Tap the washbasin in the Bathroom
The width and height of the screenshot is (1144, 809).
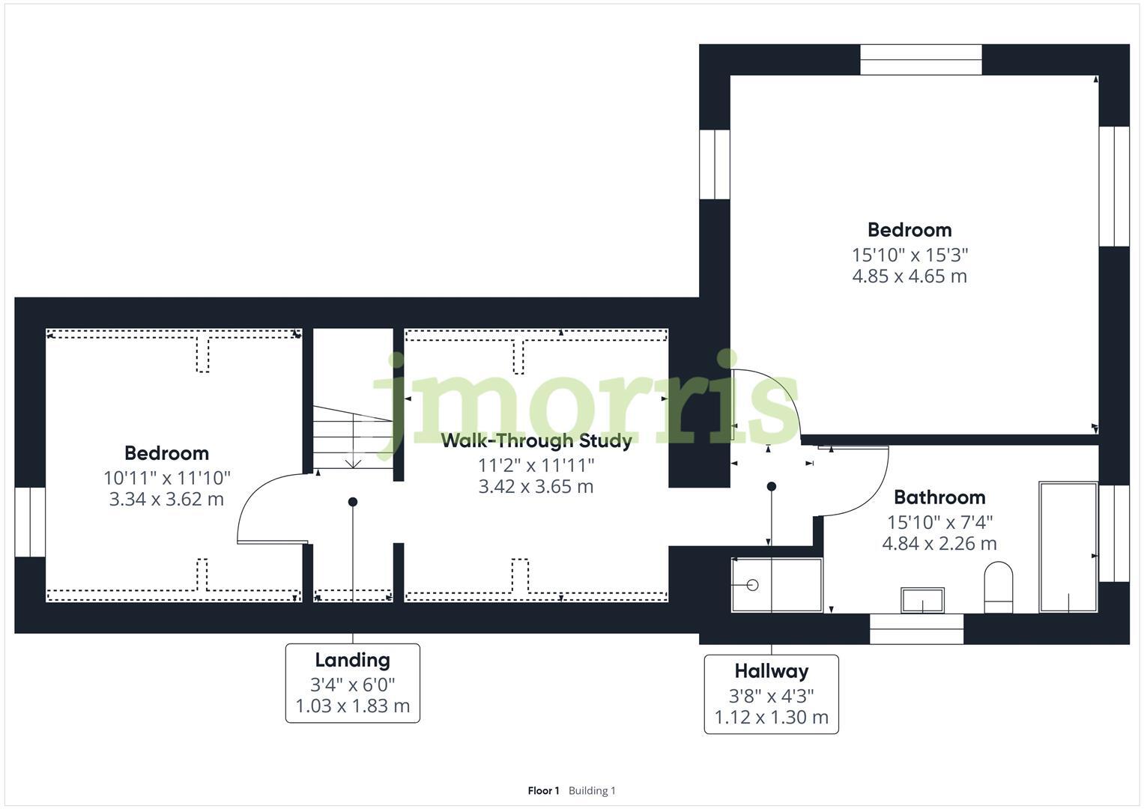click(x=922, y=600)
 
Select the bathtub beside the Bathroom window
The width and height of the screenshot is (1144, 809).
click(x=1068, y=547)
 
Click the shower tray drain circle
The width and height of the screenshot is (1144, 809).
click(x=753, y=584)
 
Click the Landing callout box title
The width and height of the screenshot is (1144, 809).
click(x=352, y=660)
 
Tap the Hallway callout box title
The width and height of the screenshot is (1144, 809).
click(x=771, y=671)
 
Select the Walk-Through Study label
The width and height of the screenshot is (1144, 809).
click(x=536, y=440)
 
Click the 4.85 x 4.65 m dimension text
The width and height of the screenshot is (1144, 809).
click(x=910, y=276)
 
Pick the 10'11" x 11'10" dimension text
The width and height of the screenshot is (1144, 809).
click(x=167, y=477)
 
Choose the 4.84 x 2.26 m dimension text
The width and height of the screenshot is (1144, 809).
click(x=939, y=544)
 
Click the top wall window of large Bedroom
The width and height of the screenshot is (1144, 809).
click(x=921, y=60)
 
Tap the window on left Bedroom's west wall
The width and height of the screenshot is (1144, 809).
click(x=30, y=522)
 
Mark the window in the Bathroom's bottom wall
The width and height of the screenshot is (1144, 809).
click(x=916, y=628)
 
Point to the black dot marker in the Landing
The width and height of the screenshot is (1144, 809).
click(x=353, y=502)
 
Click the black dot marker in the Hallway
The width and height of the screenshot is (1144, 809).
click(x=771, y=487)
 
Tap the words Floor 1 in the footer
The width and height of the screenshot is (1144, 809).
click(x=543, y=790)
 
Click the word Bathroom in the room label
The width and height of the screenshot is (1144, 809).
click(x=939, y=497)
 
